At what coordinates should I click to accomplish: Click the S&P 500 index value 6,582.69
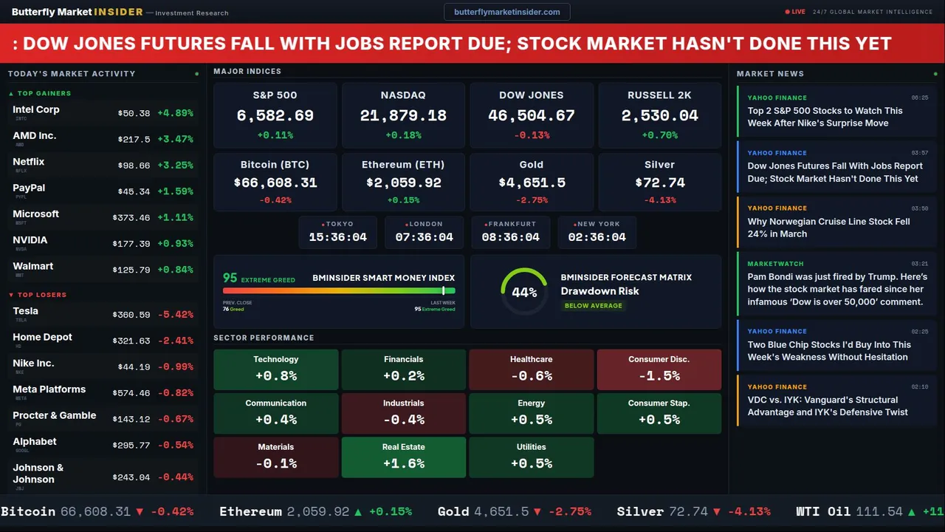tap(275, 116)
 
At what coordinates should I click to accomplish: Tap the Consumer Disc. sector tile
tap(659, 369)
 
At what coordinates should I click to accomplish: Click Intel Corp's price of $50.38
tap(134, 114)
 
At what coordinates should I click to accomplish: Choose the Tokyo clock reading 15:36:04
tap(337, 237)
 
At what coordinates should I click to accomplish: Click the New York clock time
tap(597, 237)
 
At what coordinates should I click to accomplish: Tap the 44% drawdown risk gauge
tap(524, 292)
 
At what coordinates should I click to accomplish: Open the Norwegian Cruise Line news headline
tap(828, 228)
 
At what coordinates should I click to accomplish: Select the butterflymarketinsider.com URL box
tap(506, 12)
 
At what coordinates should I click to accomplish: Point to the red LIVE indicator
tap(795, 12)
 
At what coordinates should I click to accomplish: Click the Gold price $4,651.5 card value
tap(532, 183)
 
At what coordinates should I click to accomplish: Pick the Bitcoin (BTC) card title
tap(275, 165)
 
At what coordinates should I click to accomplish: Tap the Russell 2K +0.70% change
tap(659, 135)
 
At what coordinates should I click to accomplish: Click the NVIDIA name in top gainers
tap(30, 240)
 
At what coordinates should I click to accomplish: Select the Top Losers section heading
tap(41, 295)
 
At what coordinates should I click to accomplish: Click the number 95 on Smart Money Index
tap(230, 278)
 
